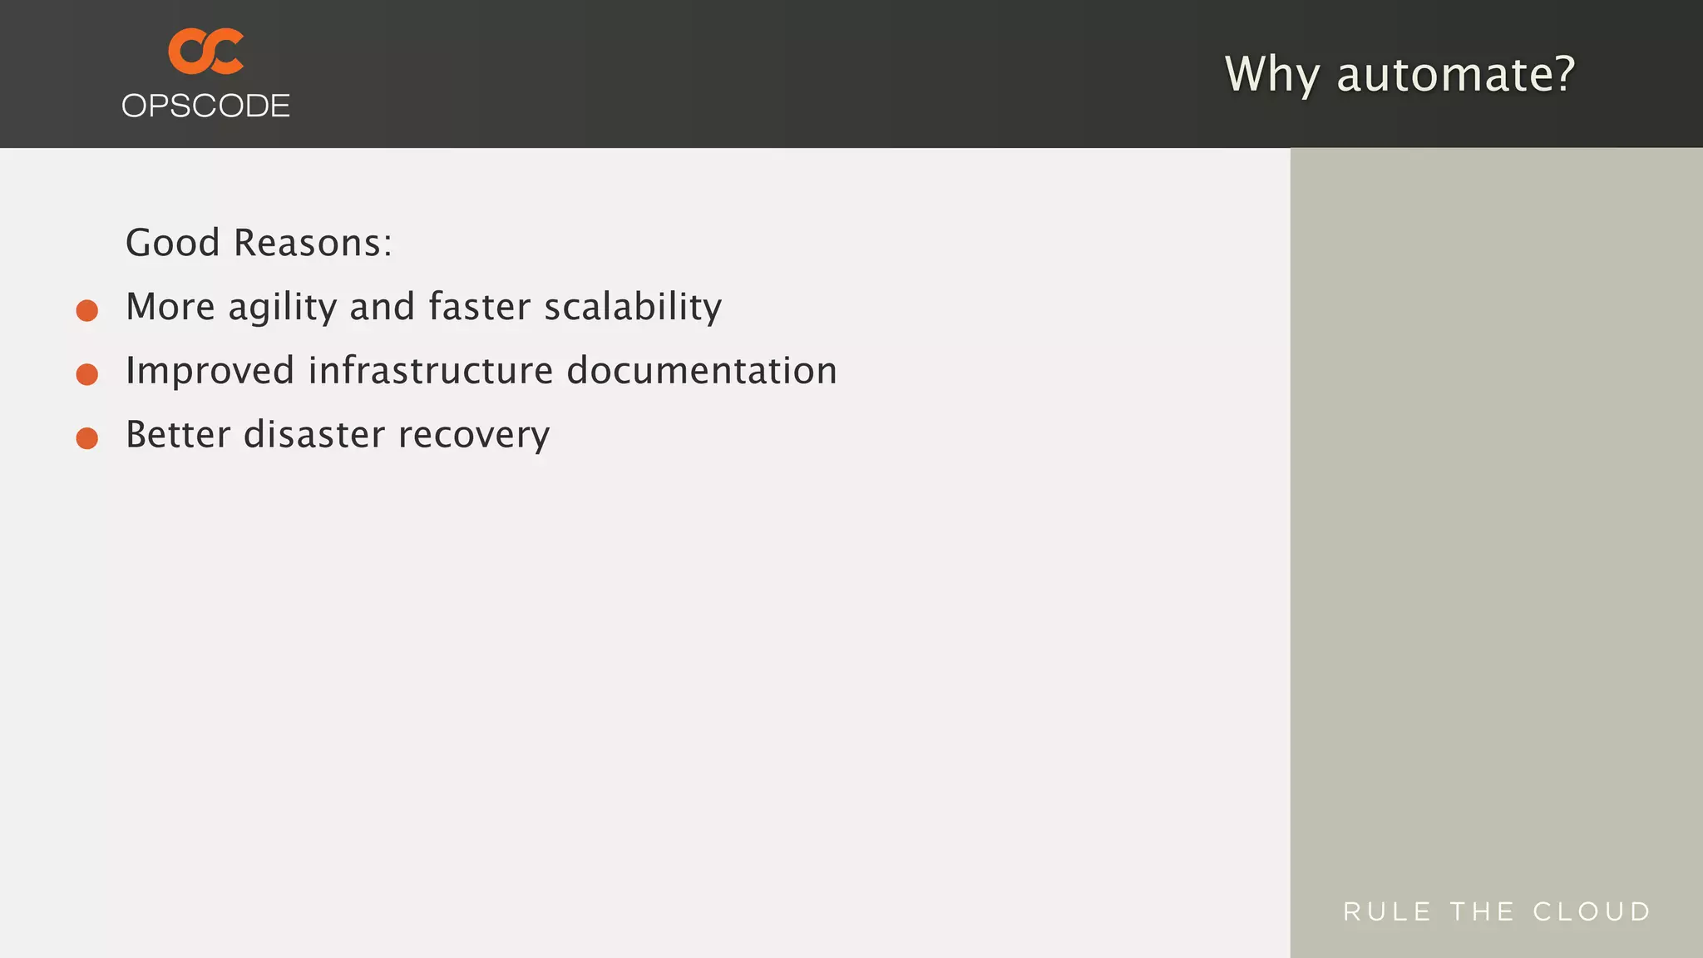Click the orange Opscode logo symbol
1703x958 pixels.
click(x=205, y=51)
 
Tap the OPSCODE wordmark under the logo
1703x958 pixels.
click(x=205, y=106)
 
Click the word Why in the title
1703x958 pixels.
click(x=1271, y=74)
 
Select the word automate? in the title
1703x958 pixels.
click(x=1455, y=74)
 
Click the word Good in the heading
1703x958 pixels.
click(x=172, y=243)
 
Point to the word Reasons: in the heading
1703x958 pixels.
click(x=313, y=243)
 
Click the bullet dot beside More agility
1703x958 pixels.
click(x=87, y=310)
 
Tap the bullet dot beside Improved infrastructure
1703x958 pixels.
click(x=87, y=374)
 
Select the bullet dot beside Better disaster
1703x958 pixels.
click(x=87, y=438)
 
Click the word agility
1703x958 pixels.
click(x=282, y=307)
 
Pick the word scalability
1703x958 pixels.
click(x=633, y=307)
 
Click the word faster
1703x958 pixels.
click(x=479, y=307)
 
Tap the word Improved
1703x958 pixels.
click(x=210, y=371)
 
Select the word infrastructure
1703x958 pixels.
click(x=430, y=371)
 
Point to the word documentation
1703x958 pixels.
click(x=701, y=371)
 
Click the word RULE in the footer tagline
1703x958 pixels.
click(x=1387, y=911)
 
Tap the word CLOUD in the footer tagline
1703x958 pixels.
click(x=1592, y=911)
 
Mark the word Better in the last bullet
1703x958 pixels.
click(x=177, y=435)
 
